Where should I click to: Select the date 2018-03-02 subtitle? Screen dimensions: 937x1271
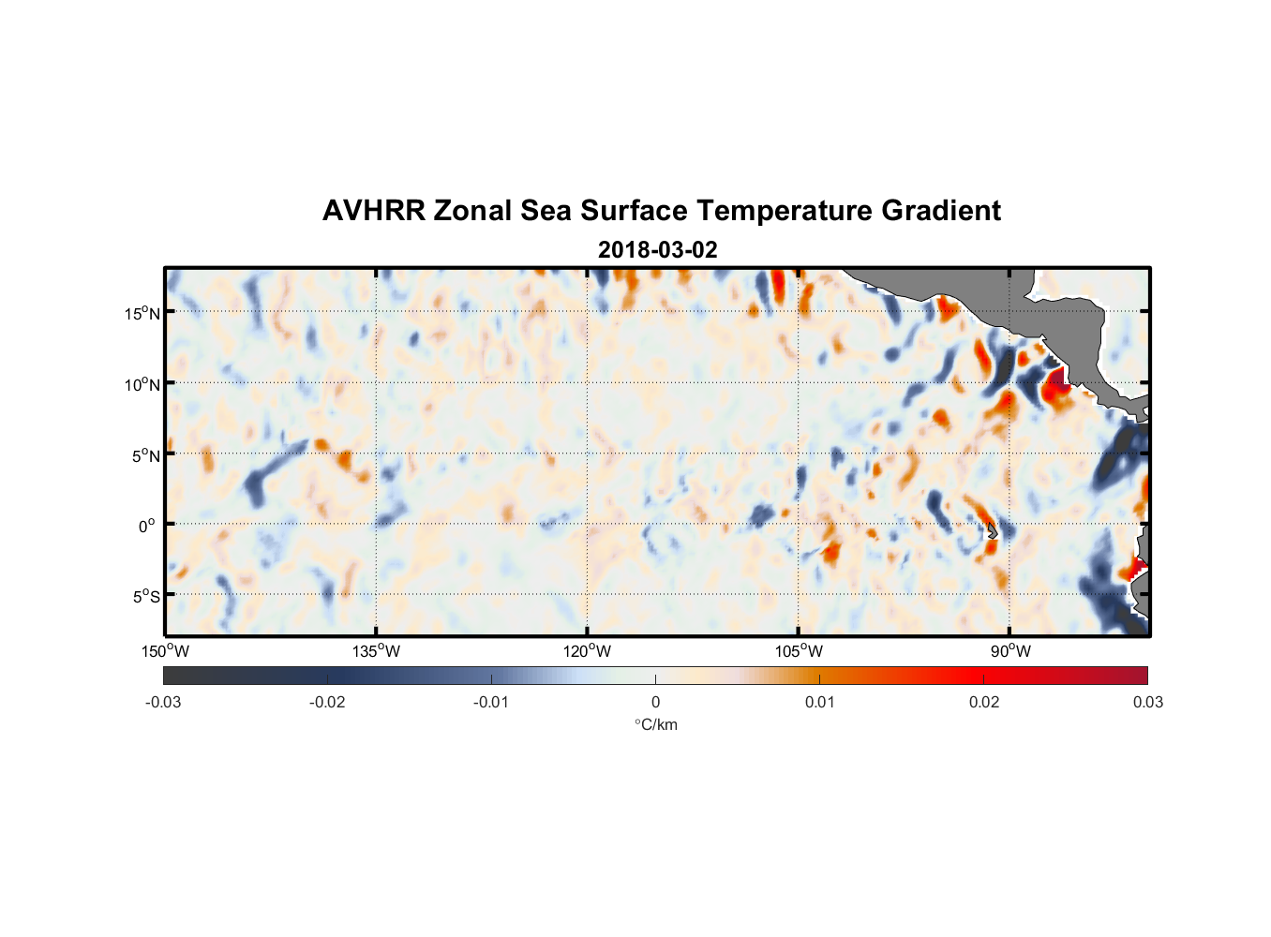point(657,250)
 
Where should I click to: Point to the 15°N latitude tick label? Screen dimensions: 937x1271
point(142,313)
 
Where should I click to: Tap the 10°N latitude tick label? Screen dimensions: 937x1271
point(142,384)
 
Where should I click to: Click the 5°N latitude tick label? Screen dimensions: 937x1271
point(146,455)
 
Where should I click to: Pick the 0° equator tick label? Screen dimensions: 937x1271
point(147,526)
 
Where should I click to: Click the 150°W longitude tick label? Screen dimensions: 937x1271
point(165,651)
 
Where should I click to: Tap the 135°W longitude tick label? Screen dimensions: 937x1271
point(377,651)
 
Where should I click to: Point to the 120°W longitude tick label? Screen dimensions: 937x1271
point(588,651)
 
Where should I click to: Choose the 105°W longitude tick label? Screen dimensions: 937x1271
point(799,651)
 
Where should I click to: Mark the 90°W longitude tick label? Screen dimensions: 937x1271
point(1010,651)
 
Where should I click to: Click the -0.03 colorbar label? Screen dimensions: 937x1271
point(163,702)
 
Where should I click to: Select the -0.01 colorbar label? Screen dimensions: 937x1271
point(491,702)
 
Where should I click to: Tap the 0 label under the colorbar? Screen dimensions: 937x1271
point(655,702)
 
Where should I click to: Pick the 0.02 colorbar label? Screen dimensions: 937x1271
point(984,702)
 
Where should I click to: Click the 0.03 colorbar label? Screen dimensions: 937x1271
point(1147,702)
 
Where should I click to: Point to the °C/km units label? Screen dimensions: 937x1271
point(656,724)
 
